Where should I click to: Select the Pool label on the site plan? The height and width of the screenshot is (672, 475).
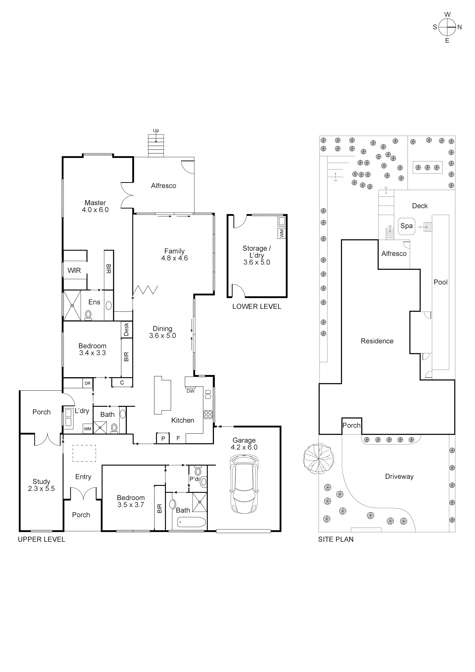(440, 282)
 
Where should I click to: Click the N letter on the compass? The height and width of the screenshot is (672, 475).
(460, 27)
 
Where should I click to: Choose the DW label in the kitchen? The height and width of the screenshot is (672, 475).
(190, 391)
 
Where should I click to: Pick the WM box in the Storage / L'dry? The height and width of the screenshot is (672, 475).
(282, 233)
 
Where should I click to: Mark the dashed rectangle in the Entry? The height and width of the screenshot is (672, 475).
(84, 453)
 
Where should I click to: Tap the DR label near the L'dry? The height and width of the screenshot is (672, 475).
(88, 383)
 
